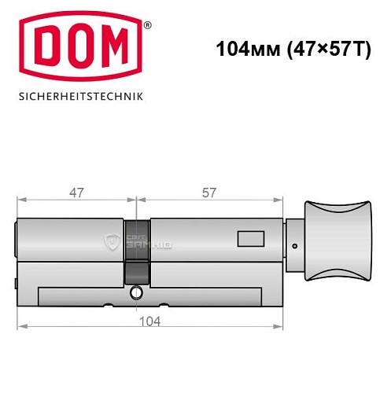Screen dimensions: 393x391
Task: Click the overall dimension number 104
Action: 149,321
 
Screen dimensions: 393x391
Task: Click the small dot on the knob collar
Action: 294,245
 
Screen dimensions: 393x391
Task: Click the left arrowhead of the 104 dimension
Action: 22,325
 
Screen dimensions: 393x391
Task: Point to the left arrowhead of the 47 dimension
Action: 22,198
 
